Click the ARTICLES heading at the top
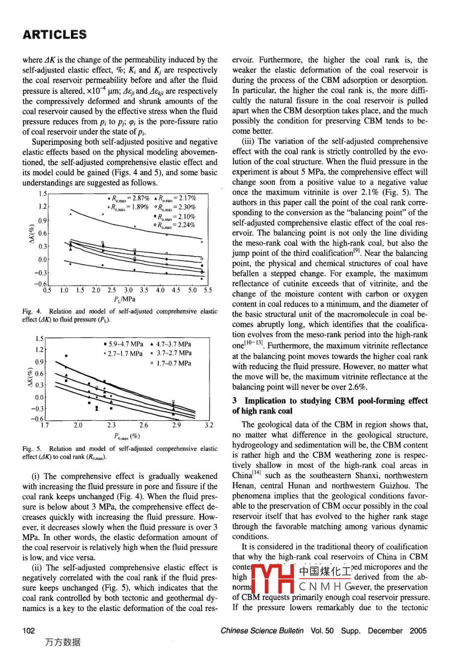tap(54, 34)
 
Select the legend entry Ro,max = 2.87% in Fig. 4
tap(128, 198)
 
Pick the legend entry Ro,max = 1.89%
tap(128, 207)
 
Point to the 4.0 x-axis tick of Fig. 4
tap(160, 290)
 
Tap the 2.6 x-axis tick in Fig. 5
tap(144, 426)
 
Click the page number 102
tap(29, 631)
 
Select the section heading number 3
tap(235, 401)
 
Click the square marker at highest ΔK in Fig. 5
tap(66, 356)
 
